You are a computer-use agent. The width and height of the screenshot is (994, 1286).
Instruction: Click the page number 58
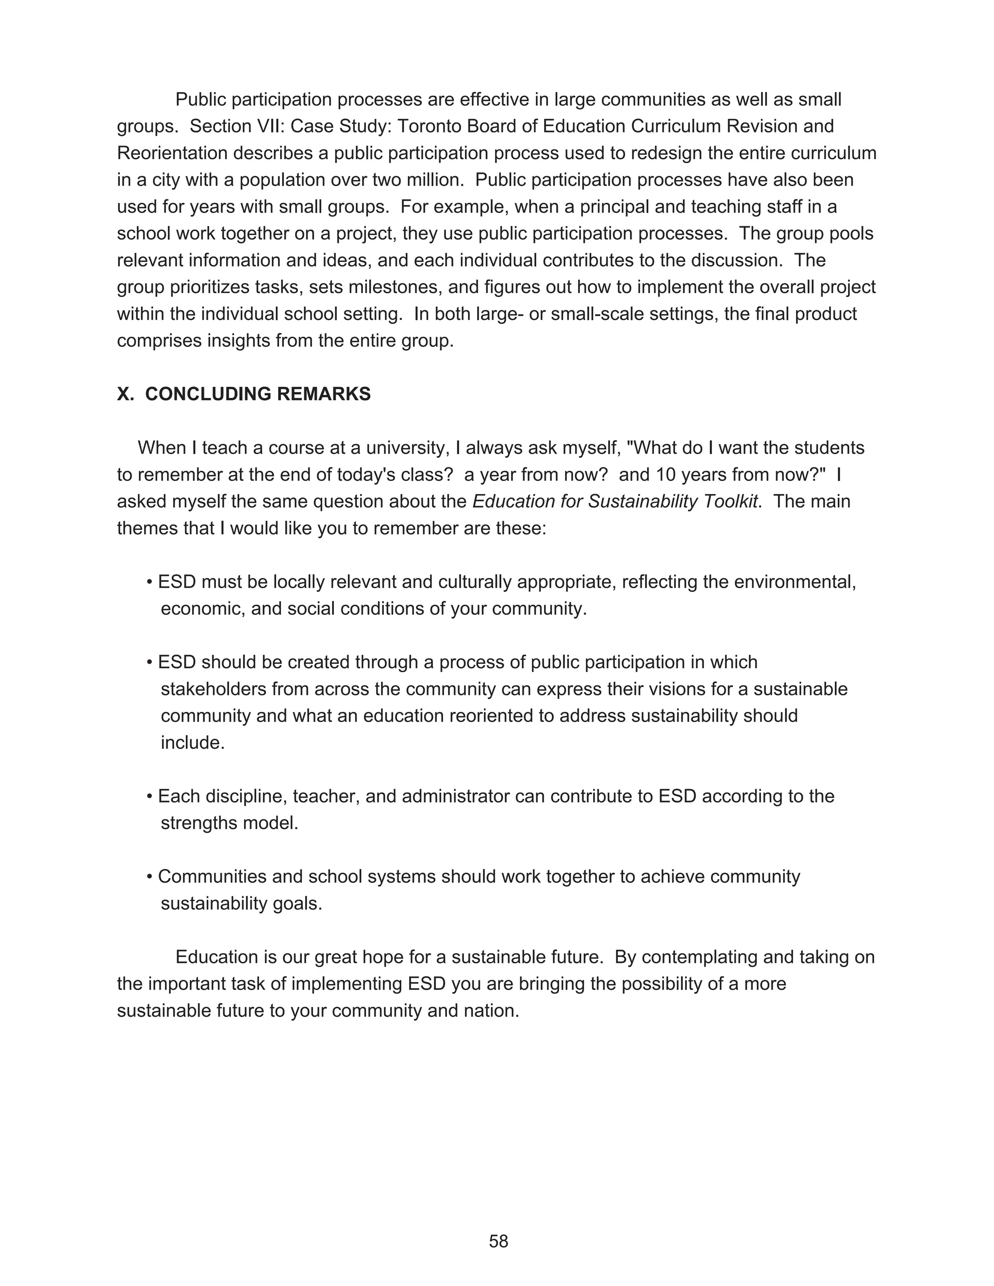498,1241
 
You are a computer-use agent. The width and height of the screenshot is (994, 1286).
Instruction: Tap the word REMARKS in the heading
323,394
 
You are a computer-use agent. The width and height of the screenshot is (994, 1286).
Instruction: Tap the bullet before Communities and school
149,877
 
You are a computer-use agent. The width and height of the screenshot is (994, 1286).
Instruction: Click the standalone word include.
193,742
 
